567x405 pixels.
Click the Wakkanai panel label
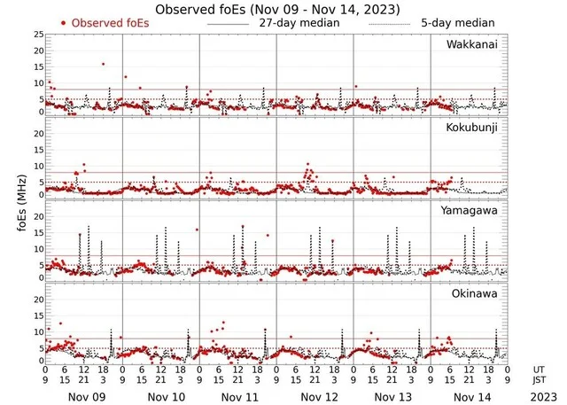(x=471, y=43)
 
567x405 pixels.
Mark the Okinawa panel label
(x=475, y=292)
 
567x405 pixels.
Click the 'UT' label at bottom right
(x=539, y=368)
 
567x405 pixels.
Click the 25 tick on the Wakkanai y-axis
(x=38, y=34)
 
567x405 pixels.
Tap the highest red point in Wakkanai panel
(x=104, y=64)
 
